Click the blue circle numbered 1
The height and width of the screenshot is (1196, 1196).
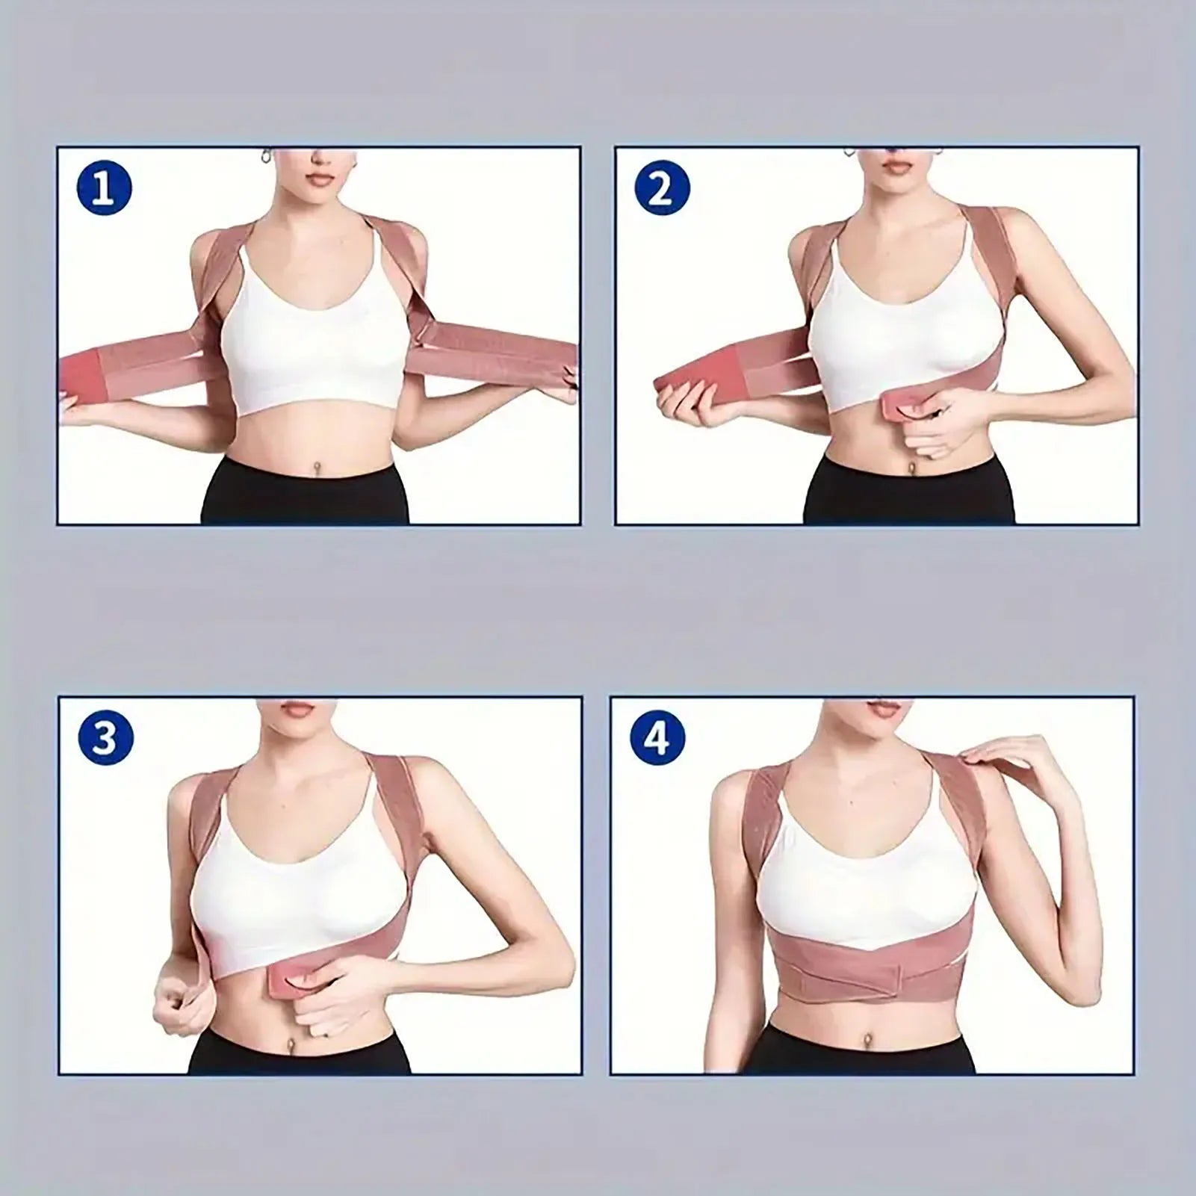(x=104, y=189)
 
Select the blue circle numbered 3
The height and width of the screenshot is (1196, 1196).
(x=105, y=738)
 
